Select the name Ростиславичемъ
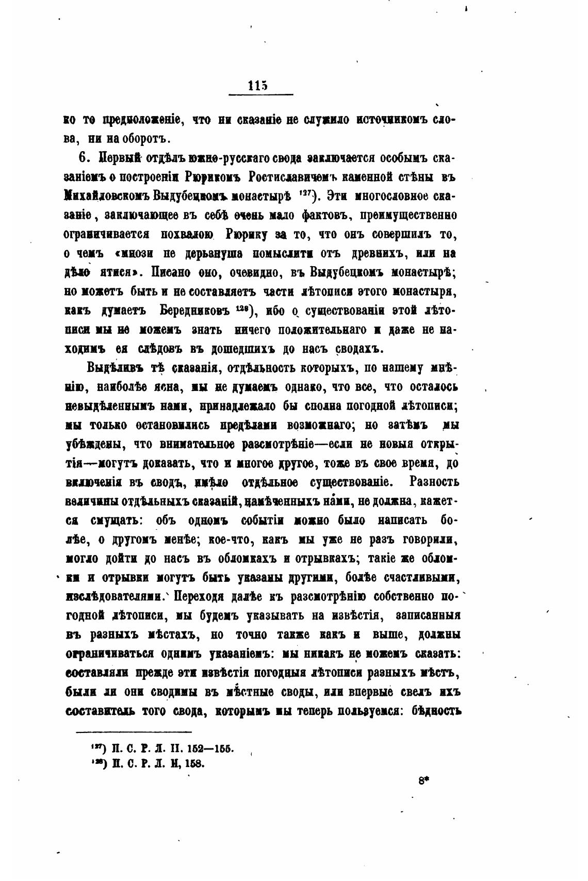click(292, 176)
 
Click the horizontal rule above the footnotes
click(134, 731)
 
